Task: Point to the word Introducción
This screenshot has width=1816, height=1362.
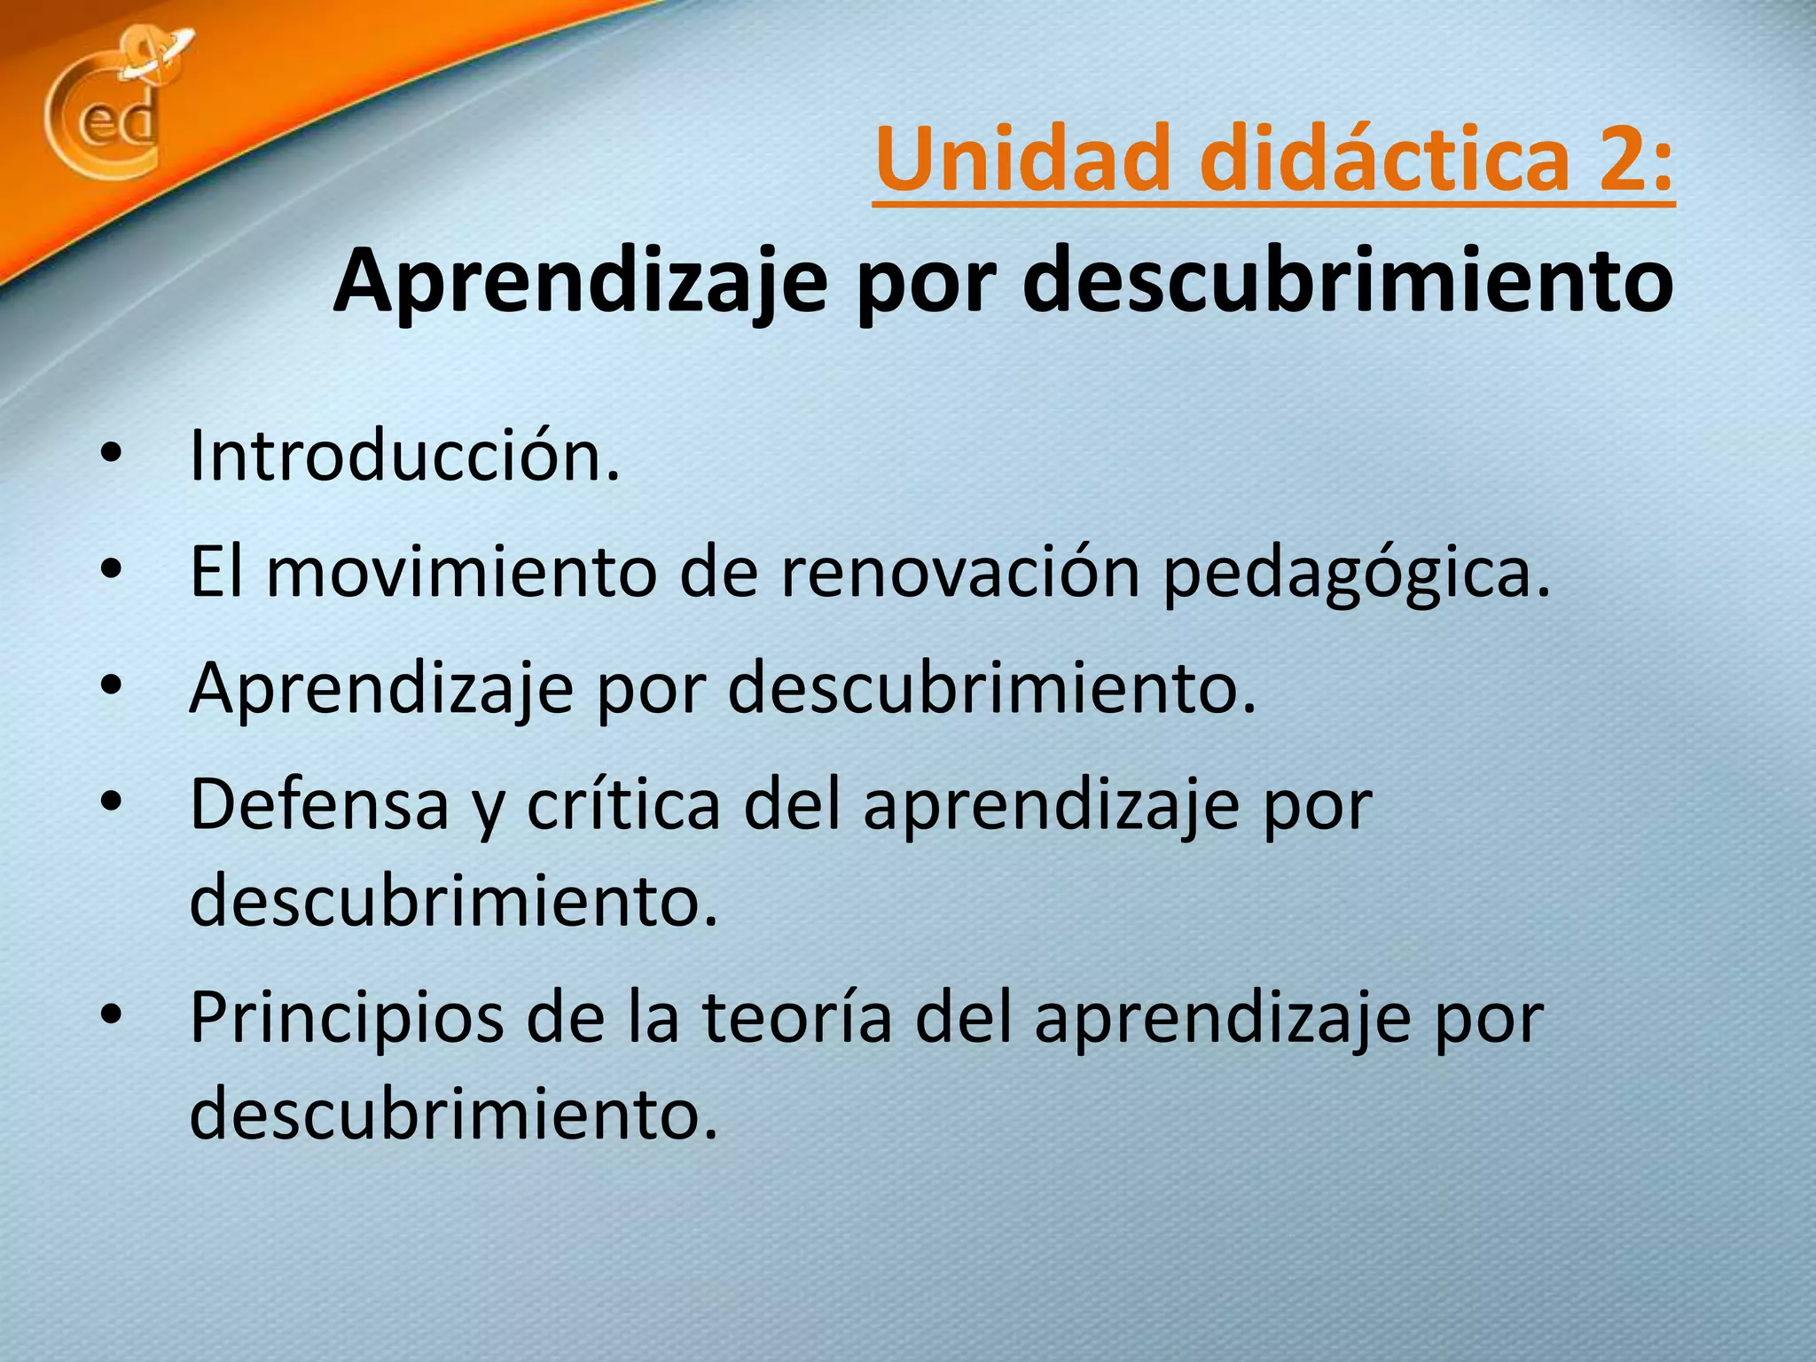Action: click(404, 458)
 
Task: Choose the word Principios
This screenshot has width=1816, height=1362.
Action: click(346, 1020)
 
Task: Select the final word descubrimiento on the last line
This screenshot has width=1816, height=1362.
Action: click(452, 1114)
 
